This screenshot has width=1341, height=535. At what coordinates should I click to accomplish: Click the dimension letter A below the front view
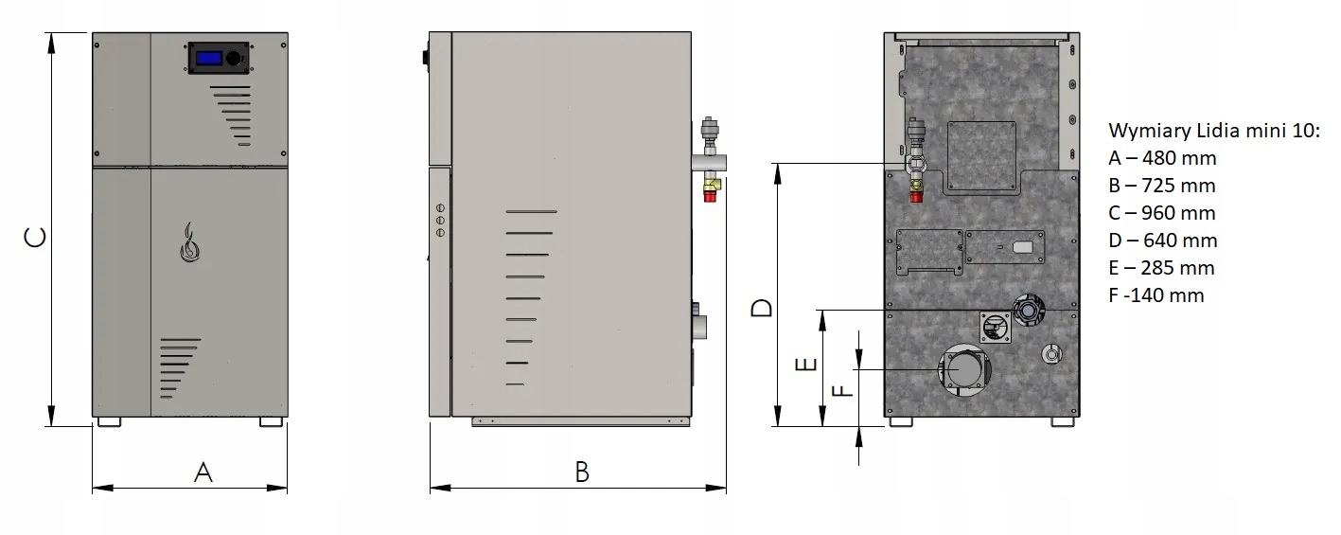tap(203, 473)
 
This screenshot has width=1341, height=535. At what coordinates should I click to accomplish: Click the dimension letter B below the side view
tap(582, 473)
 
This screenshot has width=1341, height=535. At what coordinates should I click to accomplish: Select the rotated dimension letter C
tap(35, 238)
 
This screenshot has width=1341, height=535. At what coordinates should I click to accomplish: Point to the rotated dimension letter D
tap(762, 308)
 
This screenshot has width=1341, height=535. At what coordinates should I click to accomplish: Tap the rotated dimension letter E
tap(805, 365)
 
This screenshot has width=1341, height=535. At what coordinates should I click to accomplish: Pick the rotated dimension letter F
tap(843, 391)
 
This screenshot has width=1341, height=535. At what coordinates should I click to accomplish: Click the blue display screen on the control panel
tap(209, 58)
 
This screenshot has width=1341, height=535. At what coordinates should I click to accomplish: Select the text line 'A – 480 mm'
tap(1162, 158)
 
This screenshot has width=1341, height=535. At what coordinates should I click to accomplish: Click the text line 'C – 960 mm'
tap(1161, 213)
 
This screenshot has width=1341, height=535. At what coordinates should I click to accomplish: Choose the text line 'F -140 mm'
tap(1156, 295)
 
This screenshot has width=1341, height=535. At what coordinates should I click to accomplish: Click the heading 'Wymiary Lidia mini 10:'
tap(1214, 131)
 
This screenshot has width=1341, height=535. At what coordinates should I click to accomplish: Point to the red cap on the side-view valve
tap(710, 195)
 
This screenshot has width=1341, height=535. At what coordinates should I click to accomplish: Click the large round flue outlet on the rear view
tap(963, 369)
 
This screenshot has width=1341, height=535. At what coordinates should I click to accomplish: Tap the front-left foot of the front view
tap(109, 421)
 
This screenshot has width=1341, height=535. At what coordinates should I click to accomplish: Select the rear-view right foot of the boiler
tap(1062, 421)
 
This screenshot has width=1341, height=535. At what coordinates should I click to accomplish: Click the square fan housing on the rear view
tap(996, 327)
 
